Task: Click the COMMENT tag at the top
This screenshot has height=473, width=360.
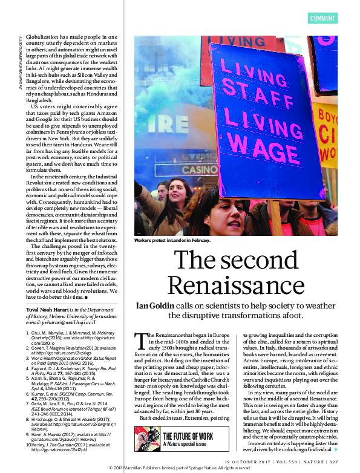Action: (x=322, y=18)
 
